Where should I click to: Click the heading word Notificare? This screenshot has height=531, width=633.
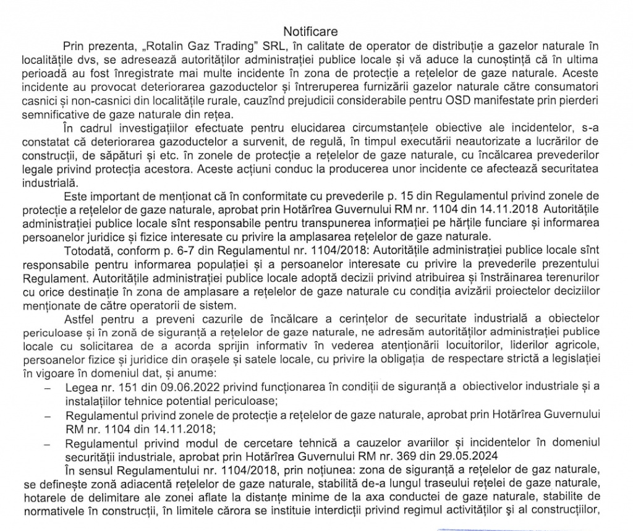pyautogui.click(x=312, y=31)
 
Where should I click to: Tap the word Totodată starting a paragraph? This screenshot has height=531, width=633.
pyautogui.click(x=85, y=250)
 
